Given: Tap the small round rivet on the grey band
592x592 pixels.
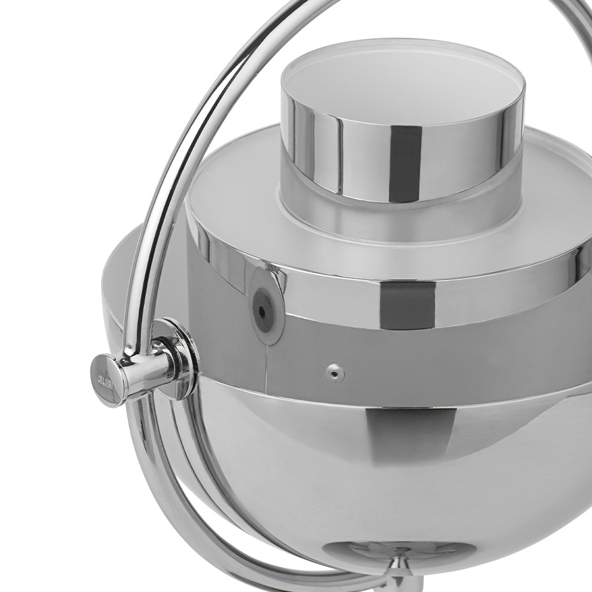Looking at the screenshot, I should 335,373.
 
